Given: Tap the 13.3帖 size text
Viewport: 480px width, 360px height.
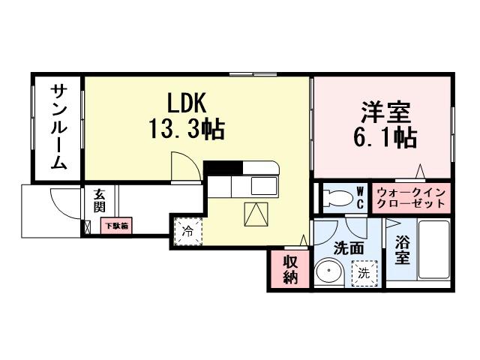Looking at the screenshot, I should [182, 128].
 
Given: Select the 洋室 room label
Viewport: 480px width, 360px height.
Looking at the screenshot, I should [385, 112].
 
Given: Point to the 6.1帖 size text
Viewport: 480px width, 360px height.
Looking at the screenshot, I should [385, 138].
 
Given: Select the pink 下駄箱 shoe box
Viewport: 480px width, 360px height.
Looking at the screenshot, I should [116, 225].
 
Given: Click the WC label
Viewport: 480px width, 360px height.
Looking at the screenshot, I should [359, 199].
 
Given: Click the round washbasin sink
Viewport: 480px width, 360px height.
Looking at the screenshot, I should [328, 271].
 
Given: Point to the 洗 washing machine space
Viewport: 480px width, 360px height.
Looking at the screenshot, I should [363, 272].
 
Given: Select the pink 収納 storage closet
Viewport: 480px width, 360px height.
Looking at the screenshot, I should [290, 270].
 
